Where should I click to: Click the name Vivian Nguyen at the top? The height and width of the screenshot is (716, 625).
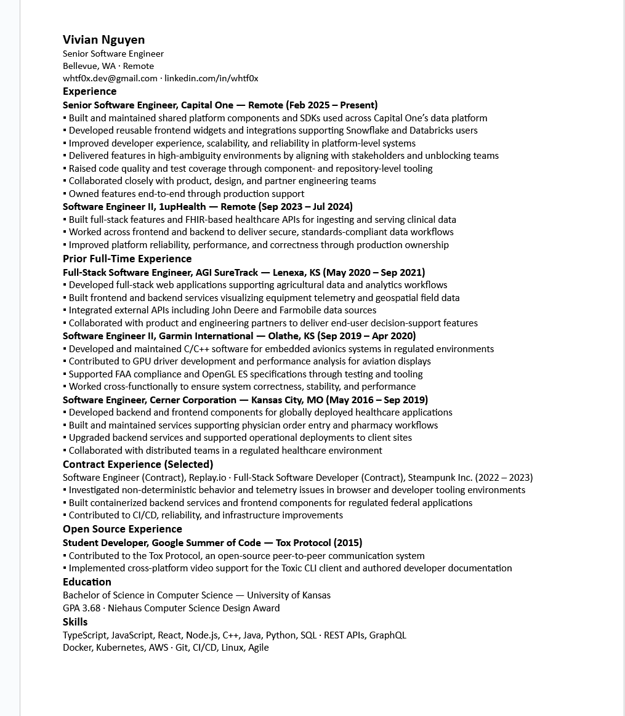tap(103, 40)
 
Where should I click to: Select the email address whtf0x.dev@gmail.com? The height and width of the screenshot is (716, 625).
tap(110, 78)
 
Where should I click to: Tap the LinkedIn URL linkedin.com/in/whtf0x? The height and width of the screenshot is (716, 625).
tap(211, 78)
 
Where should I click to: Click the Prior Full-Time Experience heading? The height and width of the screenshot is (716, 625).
tap(127, 259)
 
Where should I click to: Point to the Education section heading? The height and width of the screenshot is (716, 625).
tap(87, 582)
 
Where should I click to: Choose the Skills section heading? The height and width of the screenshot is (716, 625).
tap(75, 622)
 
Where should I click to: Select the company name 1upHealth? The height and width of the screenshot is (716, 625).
tap(182, 206)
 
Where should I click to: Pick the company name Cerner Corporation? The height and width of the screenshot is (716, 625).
tap(193, 400)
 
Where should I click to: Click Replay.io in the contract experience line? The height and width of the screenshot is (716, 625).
tap(207, 477)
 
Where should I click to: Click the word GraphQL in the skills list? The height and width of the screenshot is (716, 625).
tap(387, 635)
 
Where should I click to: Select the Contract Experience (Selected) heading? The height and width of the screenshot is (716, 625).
tap(138, 464)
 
